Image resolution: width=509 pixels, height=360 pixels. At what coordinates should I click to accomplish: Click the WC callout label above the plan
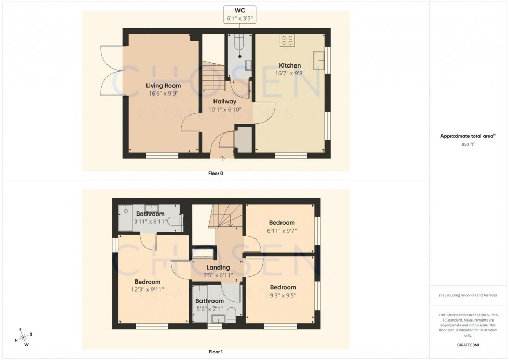tap(239, 14)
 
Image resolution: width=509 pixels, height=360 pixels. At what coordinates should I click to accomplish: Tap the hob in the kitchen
tap(287, 40)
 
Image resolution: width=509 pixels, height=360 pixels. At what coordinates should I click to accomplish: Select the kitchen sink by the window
tap(318, 60)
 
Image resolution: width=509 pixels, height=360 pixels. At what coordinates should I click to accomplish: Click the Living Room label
tap(163, 85)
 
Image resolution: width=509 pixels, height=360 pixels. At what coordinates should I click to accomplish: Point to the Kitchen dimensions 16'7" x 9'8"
tap(289, 73)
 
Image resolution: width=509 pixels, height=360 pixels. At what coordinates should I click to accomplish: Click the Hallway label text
tap(224, 101)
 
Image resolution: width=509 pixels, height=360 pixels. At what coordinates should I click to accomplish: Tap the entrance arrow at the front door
tap(222, 159)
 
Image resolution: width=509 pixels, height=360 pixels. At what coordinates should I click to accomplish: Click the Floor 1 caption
tap(216, 352)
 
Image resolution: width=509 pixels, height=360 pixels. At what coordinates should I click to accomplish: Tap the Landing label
tap(218, 268)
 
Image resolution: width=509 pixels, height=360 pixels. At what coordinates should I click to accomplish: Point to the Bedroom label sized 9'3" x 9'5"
tap(283, 287)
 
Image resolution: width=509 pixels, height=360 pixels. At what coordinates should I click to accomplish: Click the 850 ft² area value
tap(468, 144)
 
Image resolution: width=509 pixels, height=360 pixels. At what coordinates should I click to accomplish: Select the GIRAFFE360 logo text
tap(468, 344)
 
